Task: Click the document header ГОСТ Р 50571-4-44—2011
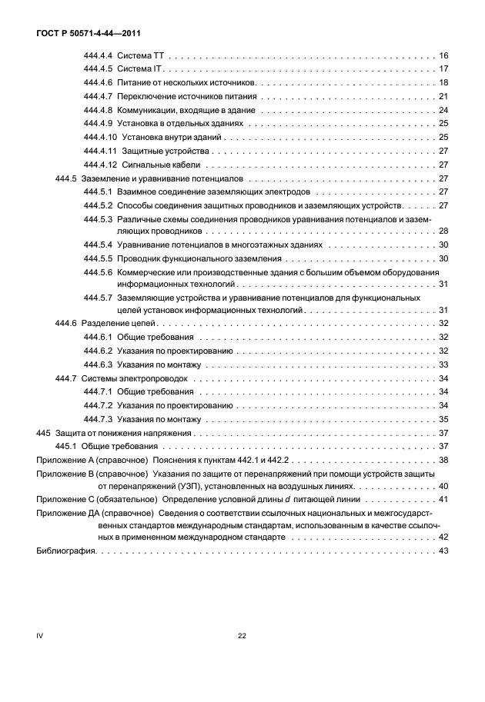(82, 34)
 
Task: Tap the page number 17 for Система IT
(443, 69)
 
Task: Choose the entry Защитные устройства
(166, 151)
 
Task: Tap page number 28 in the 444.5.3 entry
(443, 231)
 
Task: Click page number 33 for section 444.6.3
(443, 364)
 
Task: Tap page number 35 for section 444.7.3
(443, 419)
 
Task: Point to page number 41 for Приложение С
(443, 500)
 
